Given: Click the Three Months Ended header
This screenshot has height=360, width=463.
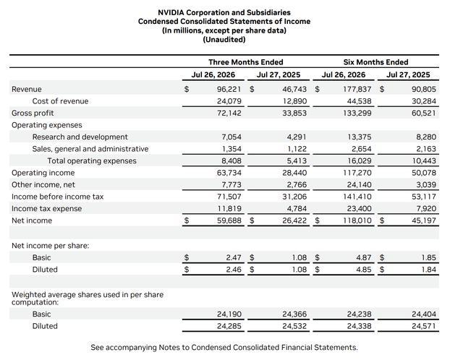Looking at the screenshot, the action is tap(246, 62).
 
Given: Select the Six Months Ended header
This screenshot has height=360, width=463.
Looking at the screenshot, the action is tap(375, 62).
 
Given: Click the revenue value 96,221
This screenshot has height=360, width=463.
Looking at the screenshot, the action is tap(229, 89).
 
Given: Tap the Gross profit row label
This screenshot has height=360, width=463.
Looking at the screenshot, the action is tap(33, 113).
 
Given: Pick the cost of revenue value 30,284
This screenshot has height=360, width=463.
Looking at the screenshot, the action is tap(424, 101).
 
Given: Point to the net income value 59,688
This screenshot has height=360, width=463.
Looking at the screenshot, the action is tap(229, 220).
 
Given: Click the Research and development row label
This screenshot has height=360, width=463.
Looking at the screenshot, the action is tap(80, 137).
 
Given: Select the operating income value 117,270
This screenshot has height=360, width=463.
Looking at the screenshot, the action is tap(357, 173).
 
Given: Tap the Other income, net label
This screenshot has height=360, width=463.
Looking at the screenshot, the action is tap(43, 185).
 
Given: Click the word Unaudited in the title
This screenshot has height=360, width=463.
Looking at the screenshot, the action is tap(224, 40).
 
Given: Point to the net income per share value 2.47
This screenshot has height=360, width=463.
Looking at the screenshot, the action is tap(234, 257).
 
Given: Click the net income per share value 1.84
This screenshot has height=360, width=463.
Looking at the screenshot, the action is tap(429, 270).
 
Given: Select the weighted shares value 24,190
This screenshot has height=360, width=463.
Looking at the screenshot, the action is tap(229, 314).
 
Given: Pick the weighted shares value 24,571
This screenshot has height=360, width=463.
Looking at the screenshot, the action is tap(424, 326).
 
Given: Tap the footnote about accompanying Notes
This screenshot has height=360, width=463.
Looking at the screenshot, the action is tap(224, 347).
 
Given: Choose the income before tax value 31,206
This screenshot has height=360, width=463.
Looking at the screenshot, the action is tap(294, 197).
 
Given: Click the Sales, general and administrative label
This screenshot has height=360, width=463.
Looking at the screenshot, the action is tap(90, 149).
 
